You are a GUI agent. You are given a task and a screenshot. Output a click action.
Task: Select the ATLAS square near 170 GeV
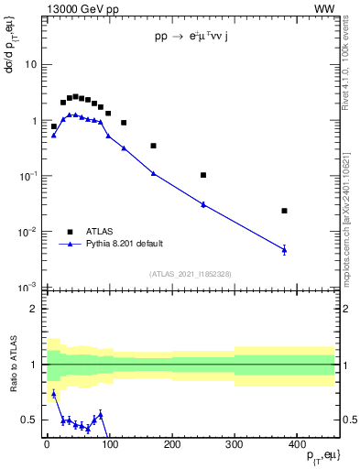click(x=153, y=146)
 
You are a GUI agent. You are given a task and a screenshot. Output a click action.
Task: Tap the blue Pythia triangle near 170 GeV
click(x=153, y=173)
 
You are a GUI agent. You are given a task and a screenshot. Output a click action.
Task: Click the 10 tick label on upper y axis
click(x=30, y=65)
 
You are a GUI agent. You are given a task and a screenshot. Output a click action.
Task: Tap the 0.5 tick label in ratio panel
click(x=28, y=420)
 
